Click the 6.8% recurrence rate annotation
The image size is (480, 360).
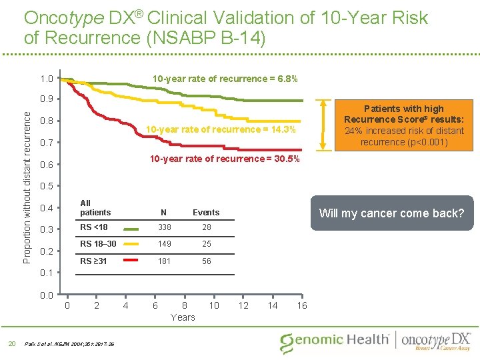(x=225, y=79)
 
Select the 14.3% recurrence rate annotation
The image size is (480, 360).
(x=221, y=129)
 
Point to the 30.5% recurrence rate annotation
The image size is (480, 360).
(x=225, y=159)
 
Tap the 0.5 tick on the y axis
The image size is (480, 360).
(x=46, y=186)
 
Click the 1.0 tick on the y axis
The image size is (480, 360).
(x=46, y=79)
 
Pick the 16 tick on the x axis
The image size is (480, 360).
(x=301, y=305)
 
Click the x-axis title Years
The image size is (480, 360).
(x=183, y=317)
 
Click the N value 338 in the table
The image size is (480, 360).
(x=164, y=228)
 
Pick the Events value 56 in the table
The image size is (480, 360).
(x=207, y=261)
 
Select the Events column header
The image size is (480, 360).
(x=206, y=213)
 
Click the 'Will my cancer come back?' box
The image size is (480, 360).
(x=391, y=213)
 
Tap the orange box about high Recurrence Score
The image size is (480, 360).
(x=403, y=125)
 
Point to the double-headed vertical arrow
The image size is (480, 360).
(x=324, y=125)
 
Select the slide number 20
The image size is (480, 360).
(x=11, y=343)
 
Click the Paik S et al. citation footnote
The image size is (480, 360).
(x=69, y=344)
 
